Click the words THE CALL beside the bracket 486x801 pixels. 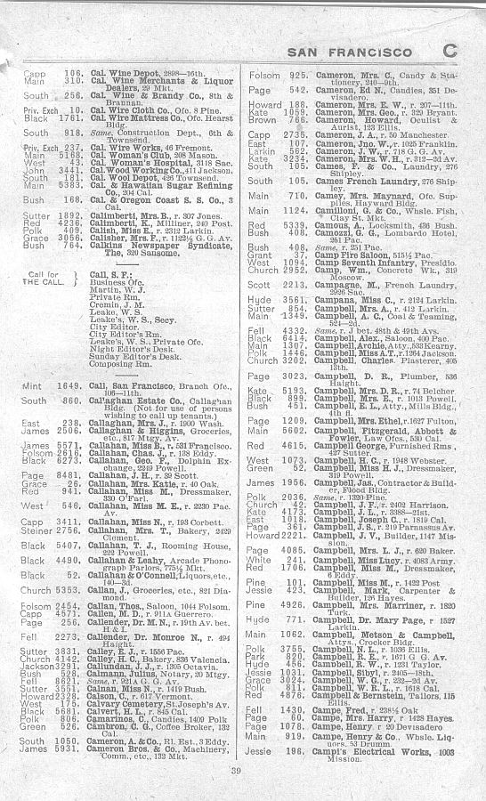click(x=38, y=281)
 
